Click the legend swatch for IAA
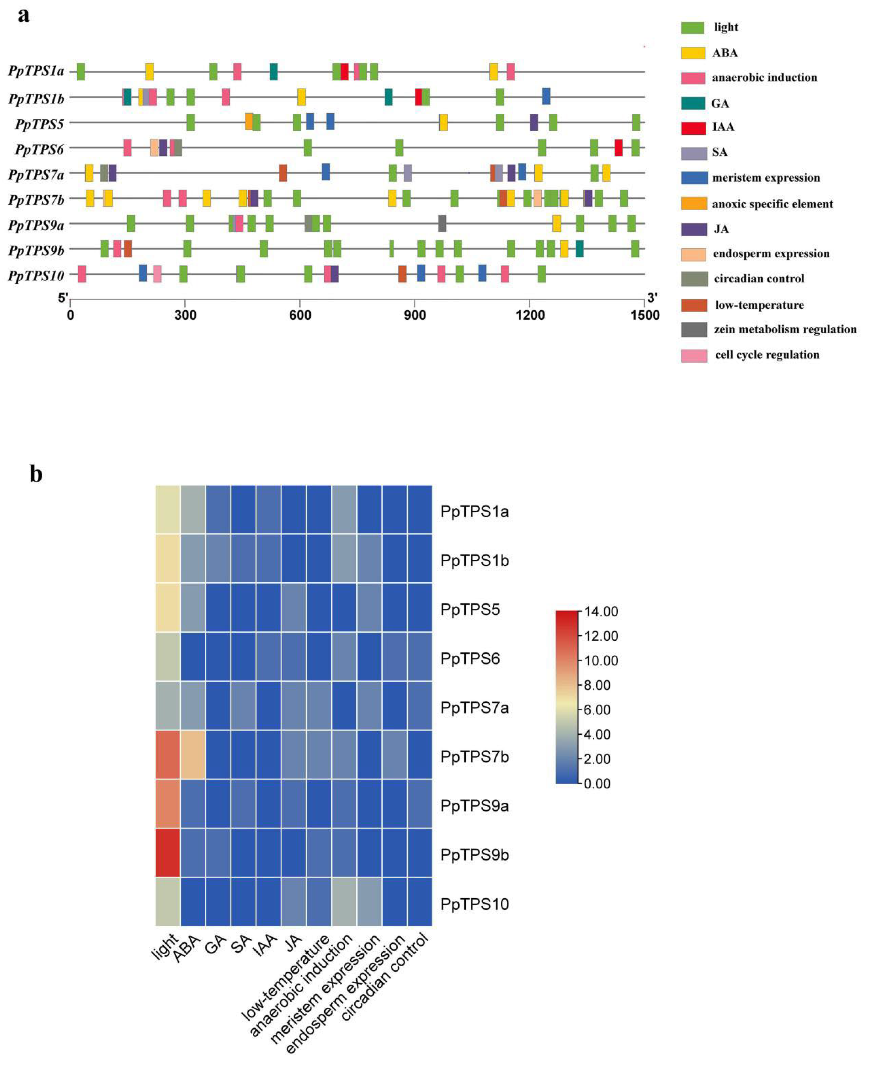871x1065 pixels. click(693, 127)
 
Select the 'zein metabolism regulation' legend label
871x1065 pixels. click(785, 329)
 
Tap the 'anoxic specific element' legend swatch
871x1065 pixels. click(693, 203)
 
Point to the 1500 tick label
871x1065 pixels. click(645, 315)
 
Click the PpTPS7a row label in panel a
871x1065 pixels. click(36, 175)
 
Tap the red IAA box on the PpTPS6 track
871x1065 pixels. click(619, 147)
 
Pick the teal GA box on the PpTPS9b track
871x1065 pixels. click(580, 248)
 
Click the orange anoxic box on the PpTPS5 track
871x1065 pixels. click(249, 122)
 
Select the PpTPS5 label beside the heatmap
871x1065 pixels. click(470, 610)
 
